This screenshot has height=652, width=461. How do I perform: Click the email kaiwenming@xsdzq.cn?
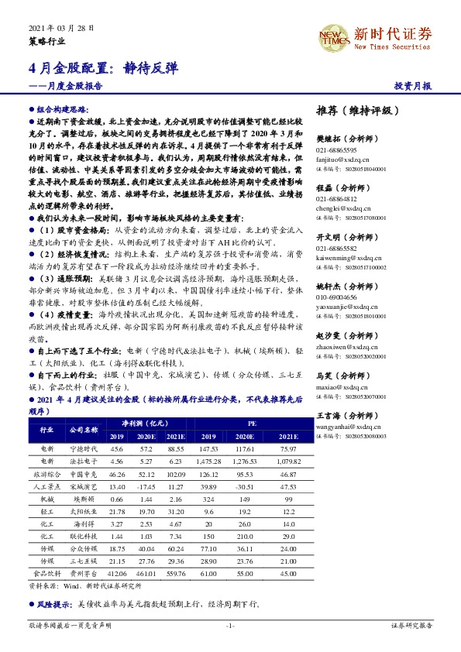click(350, 254)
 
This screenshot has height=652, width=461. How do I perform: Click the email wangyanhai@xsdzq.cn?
click(350, 427)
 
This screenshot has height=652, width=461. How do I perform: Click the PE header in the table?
click(252, 424)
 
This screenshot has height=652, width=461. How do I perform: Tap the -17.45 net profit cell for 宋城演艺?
click(146, 486)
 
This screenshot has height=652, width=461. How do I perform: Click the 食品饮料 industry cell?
click(46, 574)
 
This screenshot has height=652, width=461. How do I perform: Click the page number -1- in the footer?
click(230, 625)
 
